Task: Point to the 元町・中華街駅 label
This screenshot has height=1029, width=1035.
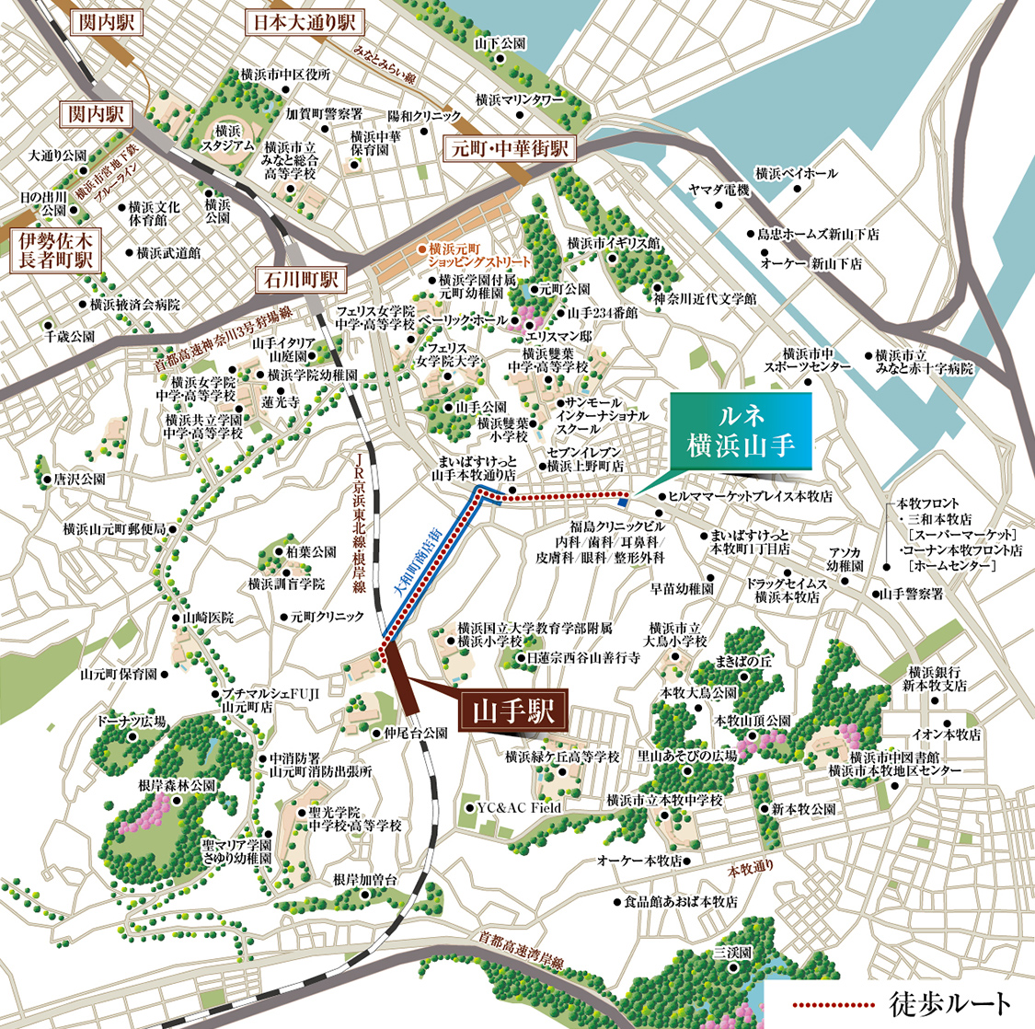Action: (507, 148)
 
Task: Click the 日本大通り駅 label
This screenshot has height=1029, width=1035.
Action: (304, 22)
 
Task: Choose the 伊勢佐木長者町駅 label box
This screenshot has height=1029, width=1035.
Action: (52, 250)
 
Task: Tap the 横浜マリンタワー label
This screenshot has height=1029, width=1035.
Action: (519, 98)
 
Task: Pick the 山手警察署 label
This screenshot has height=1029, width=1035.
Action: (911, 595)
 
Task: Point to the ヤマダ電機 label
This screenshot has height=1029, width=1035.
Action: (719, 191)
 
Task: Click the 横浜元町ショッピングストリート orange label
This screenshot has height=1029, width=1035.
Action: (473, 255)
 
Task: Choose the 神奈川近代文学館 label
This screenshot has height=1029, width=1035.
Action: (705, 299)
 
